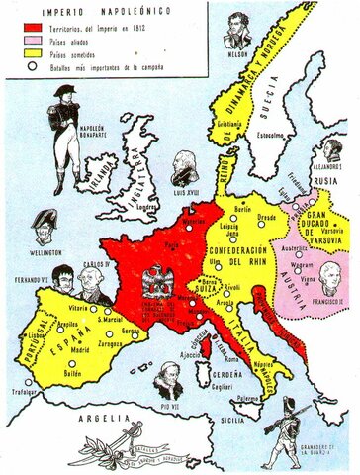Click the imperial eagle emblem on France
[156, 284]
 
